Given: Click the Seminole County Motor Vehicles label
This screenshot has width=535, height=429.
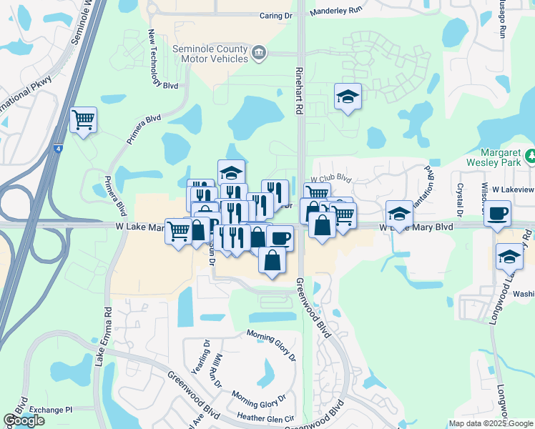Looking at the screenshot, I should [x=211, y=54].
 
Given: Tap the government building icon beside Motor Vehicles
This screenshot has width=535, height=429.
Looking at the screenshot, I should [x=259, y=51].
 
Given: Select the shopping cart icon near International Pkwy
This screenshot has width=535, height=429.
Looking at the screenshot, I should [x=84, y=119].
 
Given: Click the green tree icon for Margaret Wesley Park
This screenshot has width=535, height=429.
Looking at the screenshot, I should [x=529, y=155].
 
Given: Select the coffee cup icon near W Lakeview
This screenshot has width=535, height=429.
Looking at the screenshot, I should [x=497, y=212].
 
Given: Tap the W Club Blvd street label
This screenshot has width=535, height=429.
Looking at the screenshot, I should [x=331, y=179].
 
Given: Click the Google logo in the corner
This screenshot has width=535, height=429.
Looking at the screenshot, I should [x=24, y=420].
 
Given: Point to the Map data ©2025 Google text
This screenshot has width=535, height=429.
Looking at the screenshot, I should [x=490, y=423].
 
